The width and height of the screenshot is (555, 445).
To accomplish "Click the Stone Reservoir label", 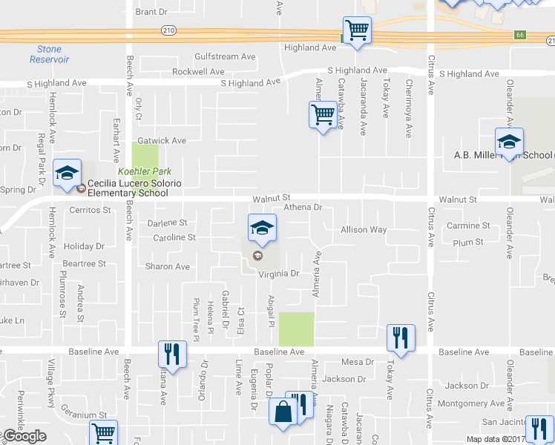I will (49, 54).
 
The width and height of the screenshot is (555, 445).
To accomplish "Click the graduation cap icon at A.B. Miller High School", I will (509, 141).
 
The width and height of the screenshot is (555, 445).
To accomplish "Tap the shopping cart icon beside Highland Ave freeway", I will (357, 30).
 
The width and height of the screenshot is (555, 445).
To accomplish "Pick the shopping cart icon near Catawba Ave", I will (323, 115).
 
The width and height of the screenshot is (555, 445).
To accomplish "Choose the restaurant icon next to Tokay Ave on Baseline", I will (401, 337).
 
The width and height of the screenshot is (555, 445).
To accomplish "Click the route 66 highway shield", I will (520, 35).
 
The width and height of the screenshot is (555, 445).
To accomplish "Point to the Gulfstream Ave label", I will (225, 56).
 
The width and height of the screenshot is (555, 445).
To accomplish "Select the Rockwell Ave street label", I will (198, 72).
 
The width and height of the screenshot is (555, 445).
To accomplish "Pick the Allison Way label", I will (364, 230).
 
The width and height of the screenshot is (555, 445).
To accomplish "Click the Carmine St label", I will (468, 225).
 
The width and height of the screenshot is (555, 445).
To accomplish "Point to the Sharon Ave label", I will (168, 266).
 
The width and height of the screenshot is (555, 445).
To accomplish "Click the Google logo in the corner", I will (24, 436).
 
